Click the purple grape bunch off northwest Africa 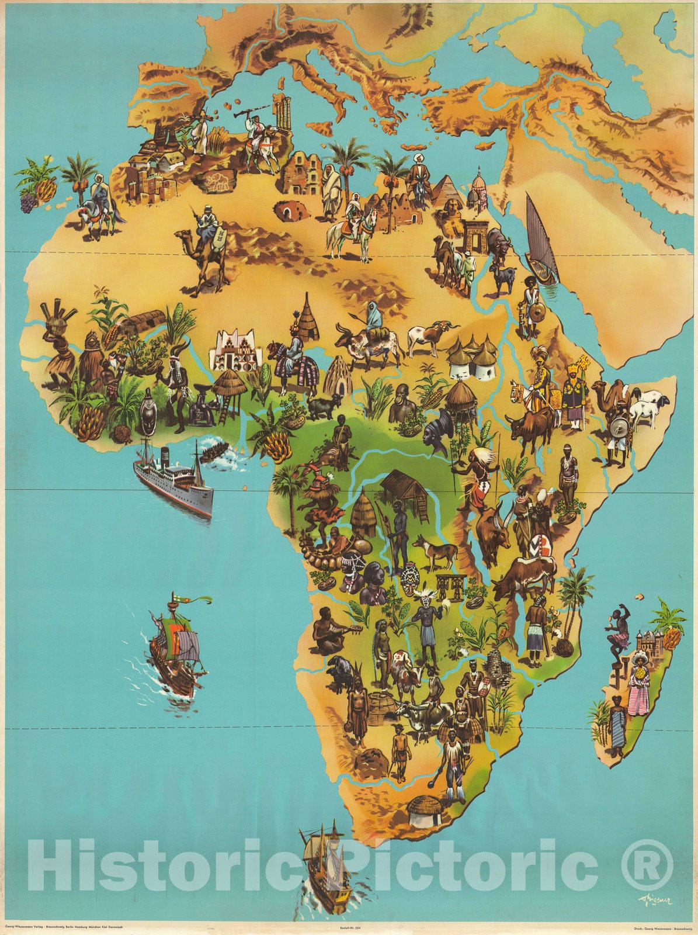pyautogui.click(x=27, y=202)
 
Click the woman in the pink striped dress pyautogui.click(x=638, y=684)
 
